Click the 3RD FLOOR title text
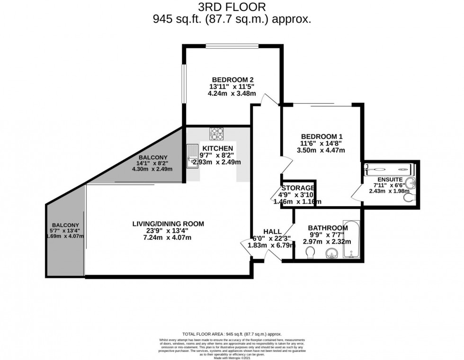coord(232,7)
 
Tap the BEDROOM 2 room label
coord(233,79)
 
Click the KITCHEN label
coord(218,148)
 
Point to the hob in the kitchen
coord(217,134)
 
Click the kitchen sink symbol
coord(193,157)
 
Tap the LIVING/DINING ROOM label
coord(168,224)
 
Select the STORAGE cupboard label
coord(298,188)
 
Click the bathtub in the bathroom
coord(352,239)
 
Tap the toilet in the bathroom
coord(310,255)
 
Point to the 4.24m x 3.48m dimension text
coord(232,93)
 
